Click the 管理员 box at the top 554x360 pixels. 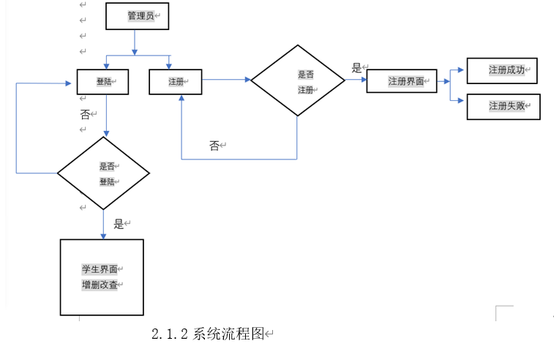tap(137, 16)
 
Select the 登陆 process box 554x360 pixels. tap(102, 82)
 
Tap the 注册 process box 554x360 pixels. tap(175, 82)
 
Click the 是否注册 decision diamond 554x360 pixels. tap(297, 80)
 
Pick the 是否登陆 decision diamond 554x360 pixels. tap(103, 173)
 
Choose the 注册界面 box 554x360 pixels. tap(401, 80)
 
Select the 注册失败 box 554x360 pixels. tap(503, 106)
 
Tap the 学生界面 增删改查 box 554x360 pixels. tap(102, 277)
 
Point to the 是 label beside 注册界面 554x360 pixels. tap(357, 68)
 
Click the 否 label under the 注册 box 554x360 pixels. tap(214, 146)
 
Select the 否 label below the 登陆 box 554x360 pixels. tap(85, 115)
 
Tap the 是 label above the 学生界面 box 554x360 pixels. tap(119, 224)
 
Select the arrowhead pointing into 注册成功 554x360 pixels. tap(460, 70)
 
